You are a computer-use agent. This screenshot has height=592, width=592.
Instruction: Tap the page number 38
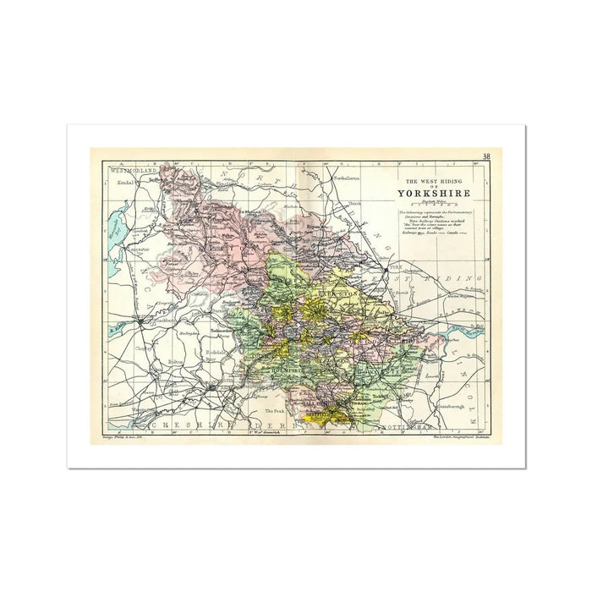coord(486,156)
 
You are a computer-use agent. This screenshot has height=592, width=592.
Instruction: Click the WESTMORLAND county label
coord(134,171)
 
